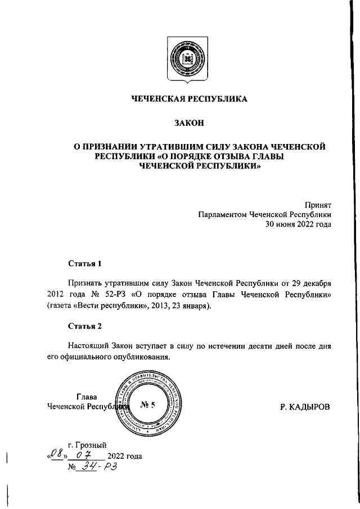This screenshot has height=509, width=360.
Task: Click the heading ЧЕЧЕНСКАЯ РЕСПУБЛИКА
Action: tap(189, 99)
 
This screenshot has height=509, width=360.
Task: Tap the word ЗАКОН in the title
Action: tap(188, 123)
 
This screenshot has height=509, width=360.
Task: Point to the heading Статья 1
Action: tap(85, 263)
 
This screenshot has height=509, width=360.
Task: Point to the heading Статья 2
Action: tap(85, 326)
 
